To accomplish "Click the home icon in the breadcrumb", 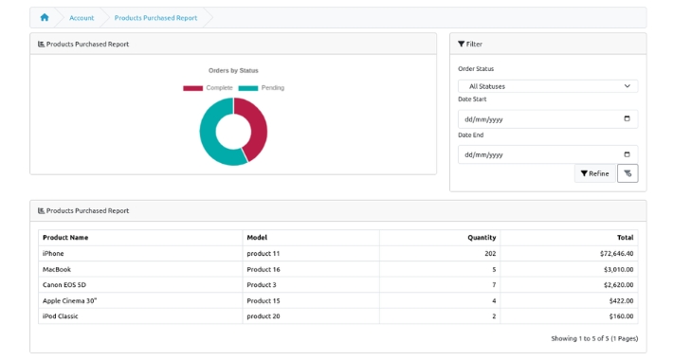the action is click(x=45, y=18).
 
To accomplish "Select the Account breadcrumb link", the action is click(x=82, y=18).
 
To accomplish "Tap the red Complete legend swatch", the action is click(x=192, y=88).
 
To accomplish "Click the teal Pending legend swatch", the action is click(x=248, y=88).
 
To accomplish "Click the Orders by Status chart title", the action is click(x=233, y=70).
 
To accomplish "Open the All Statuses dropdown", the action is click(x=548, y=86).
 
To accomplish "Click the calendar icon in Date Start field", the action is click(x=628, y=118).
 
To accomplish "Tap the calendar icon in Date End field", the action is click(x=628, y=154).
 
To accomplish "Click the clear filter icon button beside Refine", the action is click(x=628, y=173).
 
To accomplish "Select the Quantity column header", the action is click(x=482, y=237).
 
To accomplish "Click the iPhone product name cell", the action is click(x=53, y=254).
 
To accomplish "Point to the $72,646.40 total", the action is click(x=616, y=254).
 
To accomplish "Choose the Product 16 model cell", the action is click(x=264, y=269).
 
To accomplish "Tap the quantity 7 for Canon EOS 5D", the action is click(x=494, y=285).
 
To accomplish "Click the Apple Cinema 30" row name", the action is click(x=69, y=300).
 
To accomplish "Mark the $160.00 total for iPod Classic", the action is click(x=621, y=316).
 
